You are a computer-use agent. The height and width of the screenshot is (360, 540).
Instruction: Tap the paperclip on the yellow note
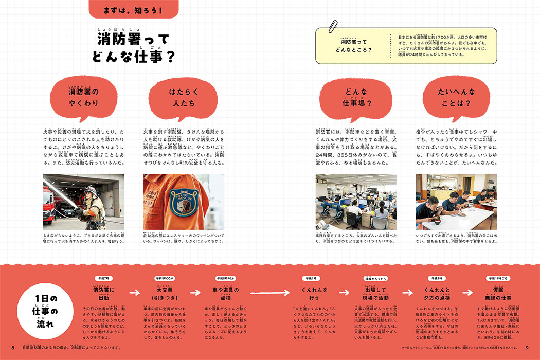[334, 26]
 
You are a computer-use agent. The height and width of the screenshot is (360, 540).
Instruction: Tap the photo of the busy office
[355, 201]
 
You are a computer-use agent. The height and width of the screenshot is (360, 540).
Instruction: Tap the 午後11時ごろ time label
[498, 278]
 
